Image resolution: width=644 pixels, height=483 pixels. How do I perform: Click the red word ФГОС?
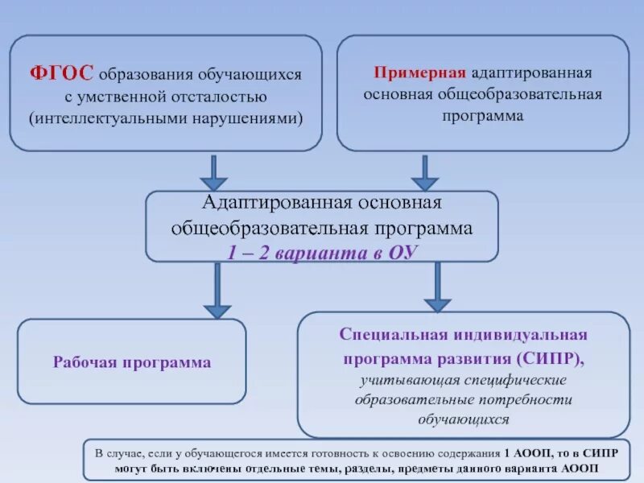click(62, 73)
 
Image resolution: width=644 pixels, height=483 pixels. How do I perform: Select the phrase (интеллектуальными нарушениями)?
click(166, 118)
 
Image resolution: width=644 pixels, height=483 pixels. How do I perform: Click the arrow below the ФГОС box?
click(213, 172)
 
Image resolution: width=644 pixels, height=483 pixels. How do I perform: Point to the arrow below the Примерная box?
click(424, 172)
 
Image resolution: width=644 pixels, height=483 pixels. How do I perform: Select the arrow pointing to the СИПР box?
click(437, 287)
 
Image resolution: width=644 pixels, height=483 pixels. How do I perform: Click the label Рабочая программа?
click(132, 362)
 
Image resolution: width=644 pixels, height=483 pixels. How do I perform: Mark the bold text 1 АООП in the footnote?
click(528, 452)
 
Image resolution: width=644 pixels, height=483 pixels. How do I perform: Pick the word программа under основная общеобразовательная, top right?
click(482, 115)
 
